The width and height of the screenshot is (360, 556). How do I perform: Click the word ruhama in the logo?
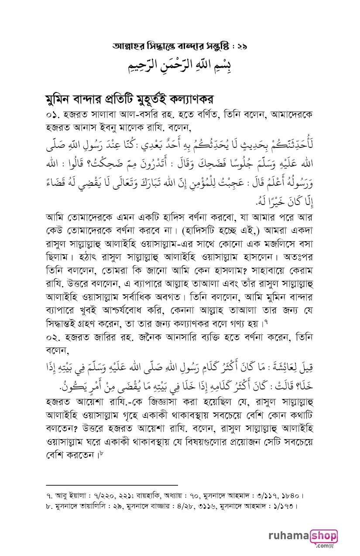pos(288,537)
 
